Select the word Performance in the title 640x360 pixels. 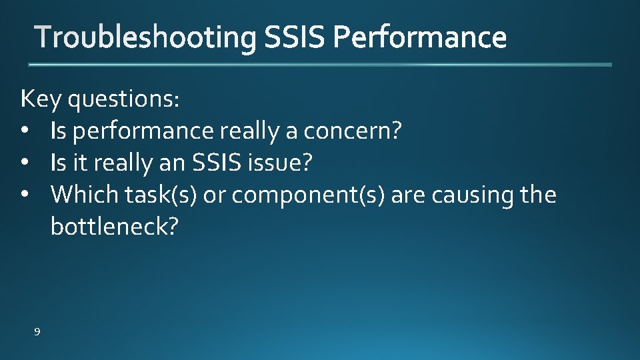[x=420, y=38]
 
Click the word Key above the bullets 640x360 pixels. [x=41, y=99]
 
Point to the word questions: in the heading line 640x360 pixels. [x=124, y=99]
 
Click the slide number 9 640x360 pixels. [x=37, y=331]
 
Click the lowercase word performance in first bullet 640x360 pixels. [x=143, y=132]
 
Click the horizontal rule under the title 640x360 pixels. [x=320, y=65]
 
